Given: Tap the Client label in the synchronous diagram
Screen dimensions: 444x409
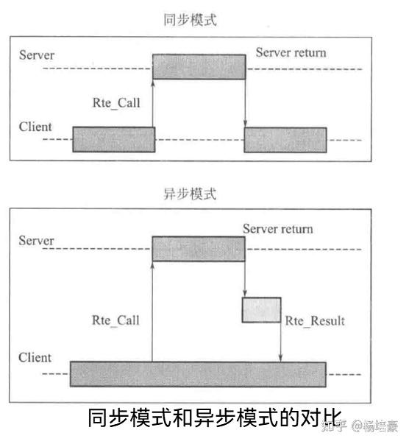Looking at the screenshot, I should [35, 127].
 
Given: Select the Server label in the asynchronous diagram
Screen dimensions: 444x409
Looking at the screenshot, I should [37, 240].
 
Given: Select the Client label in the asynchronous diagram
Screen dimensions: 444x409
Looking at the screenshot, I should [35, 357].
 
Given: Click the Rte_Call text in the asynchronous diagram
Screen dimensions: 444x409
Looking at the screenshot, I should [115, 320].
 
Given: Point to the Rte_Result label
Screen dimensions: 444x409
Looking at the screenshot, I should [315, 320].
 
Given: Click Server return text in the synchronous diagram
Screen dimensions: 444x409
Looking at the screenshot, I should [291, 53].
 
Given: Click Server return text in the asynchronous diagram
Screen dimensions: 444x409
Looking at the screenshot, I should [277, 228].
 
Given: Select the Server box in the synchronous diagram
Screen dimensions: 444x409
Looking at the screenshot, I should [199, 66].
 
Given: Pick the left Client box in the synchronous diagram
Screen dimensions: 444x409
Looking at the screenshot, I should [113, 139].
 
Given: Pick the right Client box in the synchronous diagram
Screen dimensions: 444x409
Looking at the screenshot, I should [285, 139].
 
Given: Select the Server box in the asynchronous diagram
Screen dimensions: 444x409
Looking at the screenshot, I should [198, 248].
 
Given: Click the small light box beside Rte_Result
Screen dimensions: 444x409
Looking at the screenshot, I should [261, 309].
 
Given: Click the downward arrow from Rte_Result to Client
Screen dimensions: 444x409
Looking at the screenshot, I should [281, 342].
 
